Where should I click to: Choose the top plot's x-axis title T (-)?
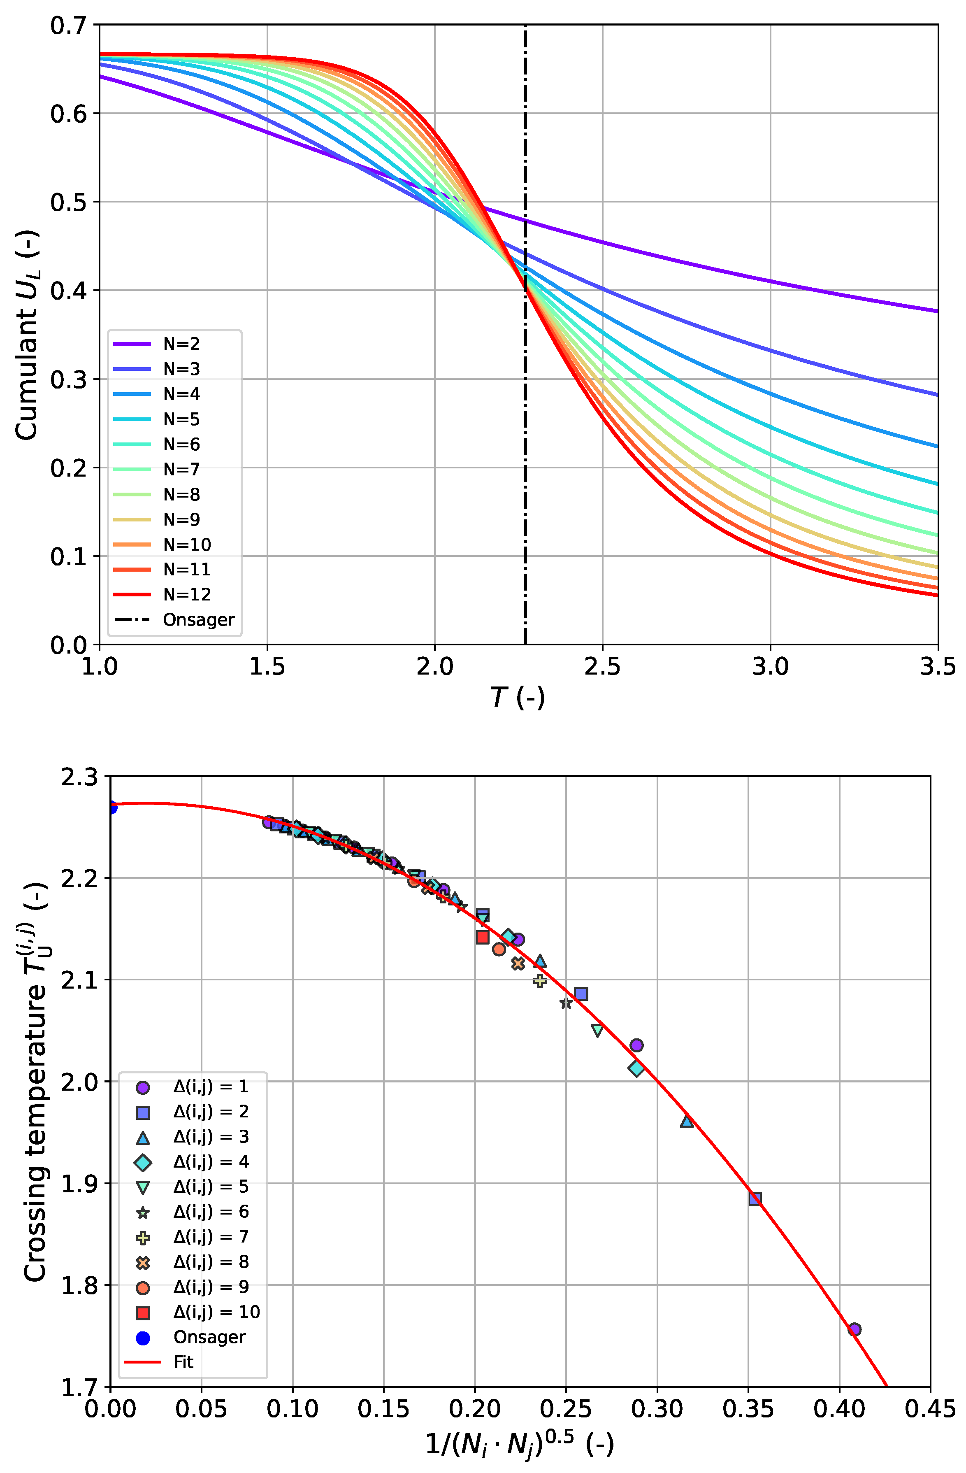point(517,698)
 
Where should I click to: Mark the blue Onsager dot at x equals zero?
point(111,807)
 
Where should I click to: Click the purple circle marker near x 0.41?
point(854,1329)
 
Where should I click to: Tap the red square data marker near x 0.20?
point(483,938)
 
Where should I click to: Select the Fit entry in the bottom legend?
point(183,1362)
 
